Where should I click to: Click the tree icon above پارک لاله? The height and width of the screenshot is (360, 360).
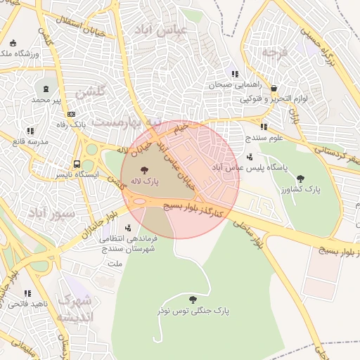(144, 170)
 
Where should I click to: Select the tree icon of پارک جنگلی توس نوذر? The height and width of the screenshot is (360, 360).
(193, 300)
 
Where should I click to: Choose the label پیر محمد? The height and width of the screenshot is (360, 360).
(46, 100)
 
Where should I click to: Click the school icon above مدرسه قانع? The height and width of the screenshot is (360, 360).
(30, 131)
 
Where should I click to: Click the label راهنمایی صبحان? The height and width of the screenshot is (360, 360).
(229, 84)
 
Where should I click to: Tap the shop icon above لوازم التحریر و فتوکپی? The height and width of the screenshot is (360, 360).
(274, 89)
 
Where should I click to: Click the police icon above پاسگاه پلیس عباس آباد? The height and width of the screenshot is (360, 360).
(252, 157)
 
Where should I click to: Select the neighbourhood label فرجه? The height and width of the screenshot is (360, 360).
(274, 53)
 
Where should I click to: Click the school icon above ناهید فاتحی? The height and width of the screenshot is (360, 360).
(27, 293)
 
